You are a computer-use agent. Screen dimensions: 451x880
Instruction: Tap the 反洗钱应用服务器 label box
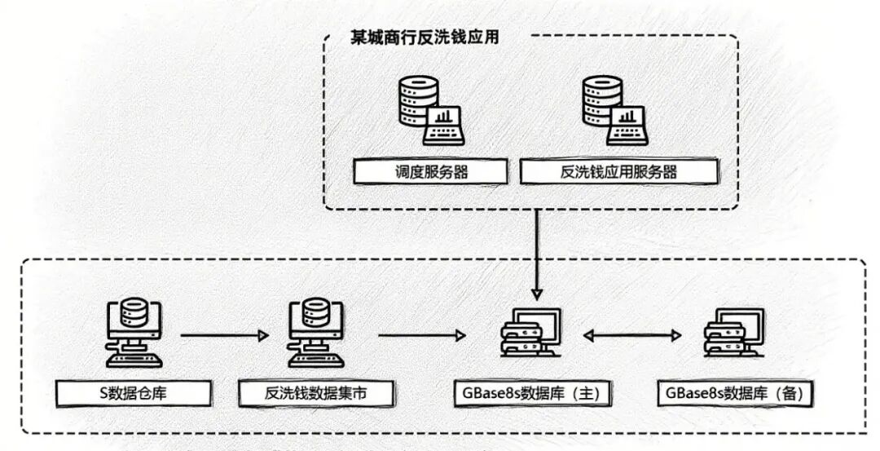point(619,172)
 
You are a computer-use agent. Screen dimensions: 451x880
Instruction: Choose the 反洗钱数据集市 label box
point(315,394)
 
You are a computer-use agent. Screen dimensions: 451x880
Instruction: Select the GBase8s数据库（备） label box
point(734,394)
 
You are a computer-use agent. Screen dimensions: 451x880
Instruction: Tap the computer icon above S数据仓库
point(133,333)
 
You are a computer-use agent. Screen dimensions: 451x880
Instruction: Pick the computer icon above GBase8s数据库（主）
point(530,334)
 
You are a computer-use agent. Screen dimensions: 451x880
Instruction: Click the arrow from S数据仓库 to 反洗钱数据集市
point(224,335)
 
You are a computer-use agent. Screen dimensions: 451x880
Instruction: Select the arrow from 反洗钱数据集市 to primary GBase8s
point(422,335)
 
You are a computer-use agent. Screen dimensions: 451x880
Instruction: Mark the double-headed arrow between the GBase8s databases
point(632,335)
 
